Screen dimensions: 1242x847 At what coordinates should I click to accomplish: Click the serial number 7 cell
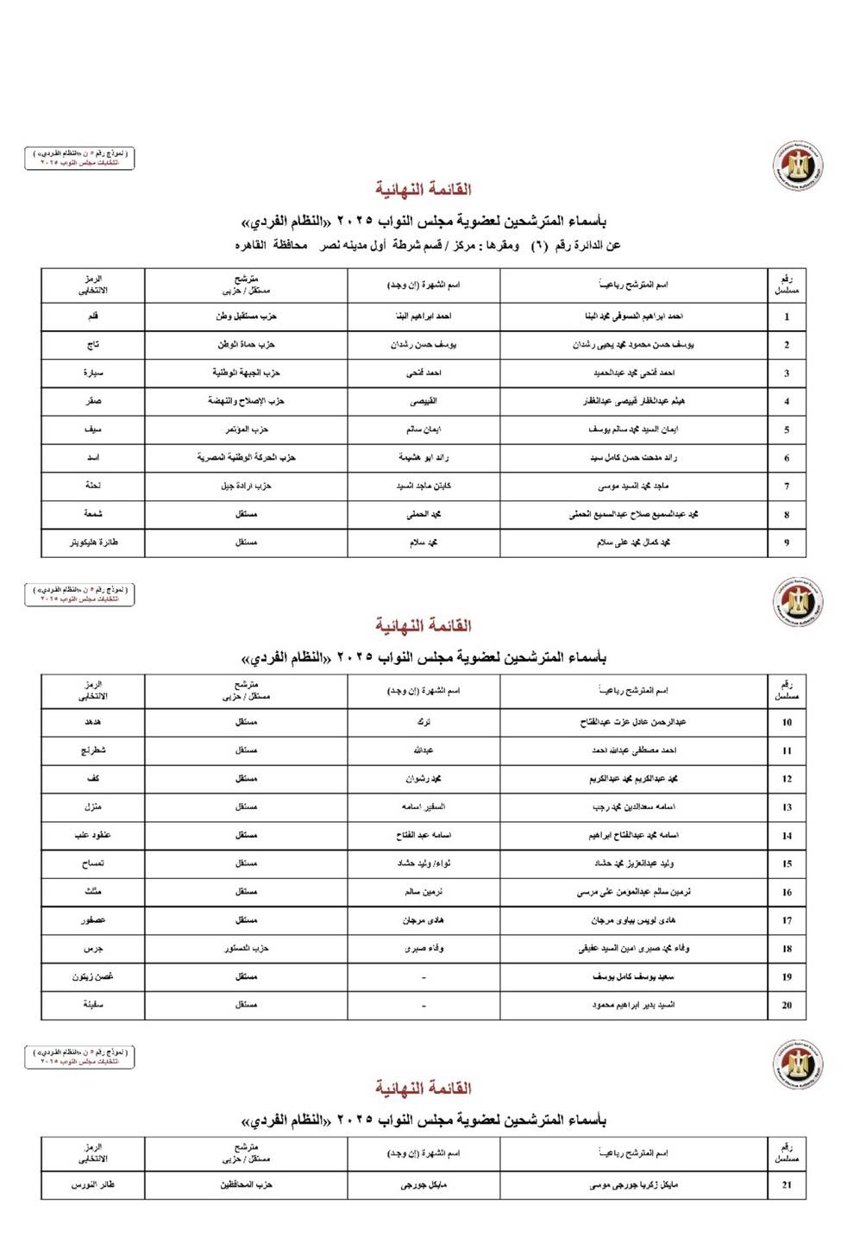pos(786,486)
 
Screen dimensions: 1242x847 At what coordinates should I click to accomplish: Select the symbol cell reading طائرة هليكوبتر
pos(93,543)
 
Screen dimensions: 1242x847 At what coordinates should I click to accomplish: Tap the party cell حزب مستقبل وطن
pos(246,317)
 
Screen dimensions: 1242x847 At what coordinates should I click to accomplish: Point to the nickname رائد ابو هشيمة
pos(423,457)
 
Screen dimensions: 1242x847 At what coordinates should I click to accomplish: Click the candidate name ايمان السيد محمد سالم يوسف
pos(633,429)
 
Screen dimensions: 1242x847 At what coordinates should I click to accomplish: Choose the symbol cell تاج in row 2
pos(93,345)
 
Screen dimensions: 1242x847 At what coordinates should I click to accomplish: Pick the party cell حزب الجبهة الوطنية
pos(246,373)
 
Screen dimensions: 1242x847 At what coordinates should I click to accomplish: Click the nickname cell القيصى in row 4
pos(423,401)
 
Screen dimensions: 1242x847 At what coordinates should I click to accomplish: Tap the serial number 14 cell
pos(786,836)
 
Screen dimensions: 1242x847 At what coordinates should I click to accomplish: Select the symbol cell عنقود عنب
pos(93,835)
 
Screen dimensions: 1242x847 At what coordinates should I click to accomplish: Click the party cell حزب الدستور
pos(246,948)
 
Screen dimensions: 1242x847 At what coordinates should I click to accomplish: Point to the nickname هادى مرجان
pos(423,920)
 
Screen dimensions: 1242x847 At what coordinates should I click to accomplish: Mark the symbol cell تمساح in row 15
pos(93,863)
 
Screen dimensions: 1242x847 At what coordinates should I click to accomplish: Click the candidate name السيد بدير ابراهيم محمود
pos(633,1005)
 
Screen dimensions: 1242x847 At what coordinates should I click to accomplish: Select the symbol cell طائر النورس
pos(93,1185)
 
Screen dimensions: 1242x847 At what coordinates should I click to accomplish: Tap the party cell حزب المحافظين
pos(246,1185)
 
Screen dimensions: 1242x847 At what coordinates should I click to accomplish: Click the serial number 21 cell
pos(786,1185)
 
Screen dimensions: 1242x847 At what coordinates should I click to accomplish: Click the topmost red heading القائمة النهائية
pos(423,189)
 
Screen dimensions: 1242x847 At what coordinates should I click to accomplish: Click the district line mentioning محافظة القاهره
pos(428,246)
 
